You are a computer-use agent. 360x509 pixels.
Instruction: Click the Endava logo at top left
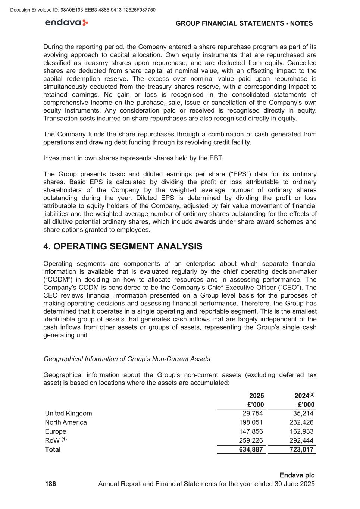point(66,23)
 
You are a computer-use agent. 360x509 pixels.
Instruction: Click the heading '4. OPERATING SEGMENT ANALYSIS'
point(123,246)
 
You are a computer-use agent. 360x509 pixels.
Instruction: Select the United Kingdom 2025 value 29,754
point(253,413)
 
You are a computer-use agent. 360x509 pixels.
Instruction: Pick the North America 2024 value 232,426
point(301,422)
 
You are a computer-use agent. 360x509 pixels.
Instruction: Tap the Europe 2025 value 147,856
point(251,431)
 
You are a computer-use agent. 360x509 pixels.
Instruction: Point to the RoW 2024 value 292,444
point(301,440)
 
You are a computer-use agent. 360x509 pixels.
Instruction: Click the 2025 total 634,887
point(251,449)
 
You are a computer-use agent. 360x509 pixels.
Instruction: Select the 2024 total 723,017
point(301,449)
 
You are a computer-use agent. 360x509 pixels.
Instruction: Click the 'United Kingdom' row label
point(68,413)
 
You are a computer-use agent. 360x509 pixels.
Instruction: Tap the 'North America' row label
point(66,422)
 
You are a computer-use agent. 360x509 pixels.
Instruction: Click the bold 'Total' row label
point(53,449)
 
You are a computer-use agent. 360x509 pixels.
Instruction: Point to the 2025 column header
point(256,396)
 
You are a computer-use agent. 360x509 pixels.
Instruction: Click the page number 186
point(50,484)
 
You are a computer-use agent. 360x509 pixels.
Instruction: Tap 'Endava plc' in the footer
point(297,475)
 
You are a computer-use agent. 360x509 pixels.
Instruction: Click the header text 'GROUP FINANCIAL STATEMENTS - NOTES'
point(244,23)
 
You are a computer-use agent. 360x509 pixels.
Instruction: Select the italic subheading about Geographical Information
point(127,359)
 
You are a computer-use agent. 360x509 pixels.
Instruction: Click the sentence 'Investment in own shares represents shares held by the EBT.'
point(133,158)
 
